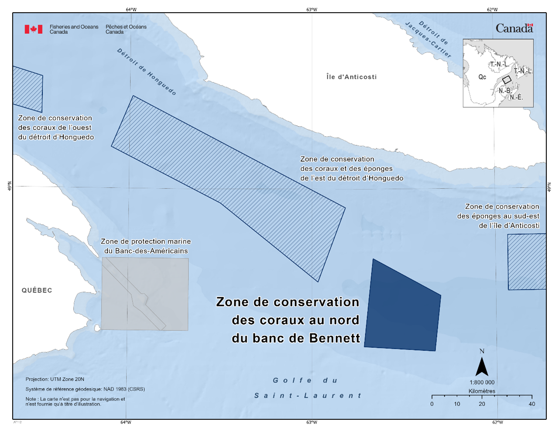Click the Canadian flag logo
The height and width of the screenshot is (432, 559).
[34, 29]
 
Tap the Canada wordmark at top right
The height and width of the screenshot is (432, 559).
[514, 29]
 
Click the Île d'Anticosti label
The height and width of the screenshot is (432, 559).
[351, 77]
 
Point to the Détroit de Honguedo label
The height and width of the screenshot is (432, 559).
[147, 72]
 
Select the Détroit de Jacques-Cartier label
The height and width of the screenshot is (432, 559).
[429, 39]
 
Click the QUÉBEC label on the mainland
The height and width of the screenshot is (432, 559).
[37, 290]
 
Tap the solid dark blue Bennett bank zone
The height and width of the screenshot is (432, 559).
[401, 310]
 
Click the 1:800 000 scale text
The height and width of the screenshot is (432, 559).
[482, 383]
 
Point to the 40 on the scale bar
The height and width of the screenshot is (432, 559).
[532, 404]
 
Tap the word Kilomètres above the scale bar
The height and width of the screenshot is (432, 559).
[482, 391]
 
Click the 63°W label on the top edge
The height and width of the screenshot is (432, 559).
[312, 10]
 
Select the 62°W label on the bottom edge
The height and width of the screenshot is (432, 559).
[497, 422]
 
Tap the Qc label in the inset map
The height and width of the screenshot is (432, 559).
[482, 77]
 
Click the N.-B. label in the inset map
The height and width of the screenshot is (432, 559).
[505, 91]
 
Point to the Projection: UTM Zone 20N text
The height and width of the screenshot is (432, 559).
[55, 379]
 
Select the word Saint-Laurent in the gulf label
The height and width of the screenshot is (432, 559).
[308, 396]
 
